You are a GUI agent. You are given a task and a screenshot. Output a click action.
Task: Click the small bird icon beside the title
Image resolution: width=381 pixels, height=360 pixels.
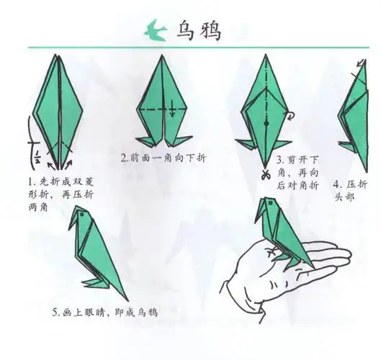[152, 30]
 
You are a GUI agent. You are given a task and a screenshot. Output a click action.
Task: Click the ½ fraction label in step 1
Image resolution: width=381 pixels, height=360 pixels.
[32, 150]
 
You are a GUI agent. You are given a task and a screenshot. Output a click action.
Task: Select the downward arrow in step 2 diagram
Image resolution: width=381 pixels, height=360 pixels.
[173, 111]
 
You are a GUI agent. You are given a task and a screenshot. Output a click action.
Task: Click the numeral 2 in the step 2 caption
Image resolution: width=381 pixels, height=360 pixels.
[124, 158]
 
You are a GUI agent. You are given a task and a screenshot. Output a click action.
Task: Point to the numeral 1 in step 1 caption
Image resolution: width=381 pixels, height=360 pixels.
[31, 180]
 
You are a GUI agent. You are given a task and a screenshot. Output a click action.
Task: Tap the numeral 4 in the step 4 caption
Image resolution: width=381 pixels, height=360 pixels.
[339, 182]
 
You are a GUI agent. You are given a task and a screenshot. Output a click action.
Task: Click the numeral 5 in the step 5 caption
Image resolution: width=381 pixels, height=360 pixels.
[55, 312]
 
